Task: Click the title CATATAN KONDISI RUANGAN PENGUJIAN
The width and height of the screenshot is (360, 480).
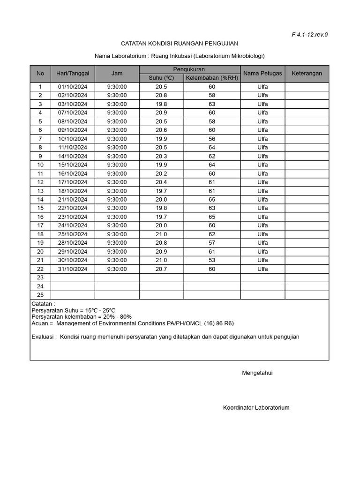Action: [x=180, y=44]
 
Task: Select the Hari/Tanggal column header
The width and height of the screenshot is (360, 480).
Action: [x=73, y=74]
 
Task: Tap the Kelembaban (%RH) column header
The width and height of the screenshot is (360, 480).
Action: [x=212, y=78]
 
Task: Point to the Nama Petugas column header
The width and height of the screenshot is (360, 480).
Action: [x=262, y=74]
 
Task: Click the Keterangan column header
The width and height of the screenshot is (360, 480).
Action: [x=307, y=74]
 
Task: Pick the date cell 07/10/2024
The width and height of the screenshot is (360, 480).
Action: [x=73, y=112]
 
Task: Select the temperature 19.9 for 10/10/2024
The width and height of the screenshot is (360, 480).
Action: [x=161, y=139]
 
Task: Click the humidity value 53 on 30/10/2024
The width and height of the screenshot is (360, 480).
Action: [x=212, y=260]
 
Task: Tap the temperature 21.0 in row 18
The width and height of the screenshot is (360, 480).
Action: [x=161, y=234]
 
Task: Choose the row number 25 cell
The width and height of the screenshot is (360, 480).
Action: [x=40, y=295]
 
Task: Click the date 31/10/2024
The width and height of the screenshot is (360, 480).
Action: [x=73, y=269]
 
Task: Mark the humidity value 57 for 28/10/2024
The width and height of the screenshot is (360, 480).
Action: [x=212, y=243]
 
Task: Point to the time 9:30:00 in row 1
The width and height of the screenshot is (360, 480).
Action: [x=117, y=87]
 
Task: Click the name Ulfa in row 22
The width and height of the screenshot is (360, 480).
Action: [x=262, y=269]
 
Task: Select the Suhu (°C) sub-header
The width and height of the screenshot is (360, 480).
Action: [x=161, y=78]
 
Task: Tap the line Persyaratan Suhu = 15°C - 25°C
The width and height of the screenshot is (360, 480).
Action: [x=73, y=310]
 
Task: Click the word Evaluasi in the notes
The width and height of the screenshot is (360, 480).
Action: [x=44, y=337]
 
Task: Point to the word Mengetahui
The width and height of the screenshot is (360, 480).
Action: [x=257, y=373]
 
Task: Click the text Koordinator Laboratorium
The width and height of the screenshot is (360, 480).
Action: [x=256, y=407]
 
